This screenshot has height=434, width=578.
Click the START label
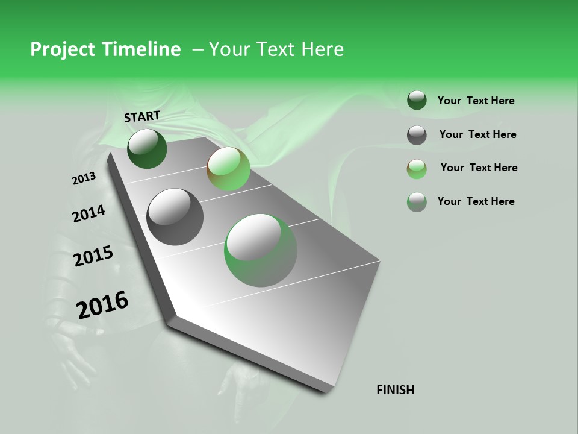(142, 116)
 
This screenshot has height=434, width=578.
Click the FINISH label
(395, 390)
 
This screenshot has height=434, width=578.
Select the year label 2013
(84, 178)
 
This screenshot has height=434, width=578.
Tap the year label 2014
(89, 213)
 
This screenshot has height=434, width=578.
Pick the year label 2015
(93, 256)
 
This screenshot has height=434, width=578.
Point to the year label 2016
(102, 305)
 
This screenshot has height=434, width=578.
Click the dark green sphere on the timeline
(147, 149)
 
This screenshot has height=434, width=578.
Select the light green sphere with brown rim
(228, 169)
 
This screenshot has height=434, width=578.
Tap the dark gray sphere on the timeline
(175, 217)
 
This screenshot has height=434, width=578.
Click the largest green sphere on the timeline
(261, 250)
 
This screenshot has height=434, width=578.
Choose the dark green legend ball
(417, 101)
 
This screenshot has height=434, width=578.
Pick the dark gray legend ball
(417, 135)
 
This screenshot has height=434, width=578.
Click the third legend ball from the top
(417, 169)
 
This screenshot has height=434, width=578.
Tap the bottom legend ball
(417, 202)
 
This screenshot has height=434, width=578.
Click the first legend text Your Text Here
(476, 101)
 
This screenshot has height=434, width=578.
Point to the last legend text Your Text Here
(476, 201)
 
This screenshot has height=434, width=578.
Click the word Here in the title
(322, 49)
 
